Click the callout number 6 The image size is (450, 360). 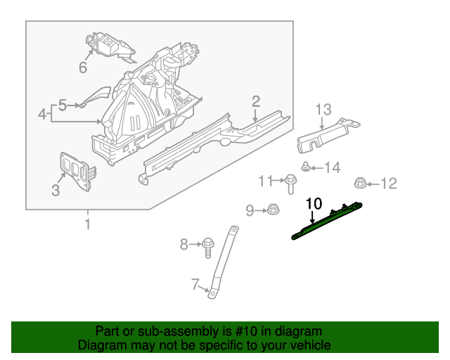[82, 67]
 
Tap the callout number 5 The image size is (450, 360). [63, 105]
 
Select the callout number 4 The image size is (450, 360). [43, 113]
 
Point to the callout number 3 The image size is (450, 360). [56, 189]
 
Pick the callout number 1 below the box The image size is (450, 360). [87, 224]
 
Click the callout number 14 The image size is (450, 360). [331, 167]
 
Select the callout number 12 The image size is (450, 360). [389, 184]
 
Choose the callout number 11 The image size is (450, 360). [265, 181]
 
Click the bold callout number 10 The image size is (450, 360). [314, 203]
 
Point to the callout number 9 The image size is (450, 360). [250, 210]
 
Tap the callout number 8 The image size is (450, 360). [184, 245]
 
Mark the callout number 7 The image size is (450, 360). [196, 284]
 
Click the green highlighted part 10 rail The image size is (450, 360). [327, 220]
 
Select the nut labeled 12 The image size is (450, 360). [358, 184]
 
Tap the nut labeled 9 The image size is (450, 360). [271, 210]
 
